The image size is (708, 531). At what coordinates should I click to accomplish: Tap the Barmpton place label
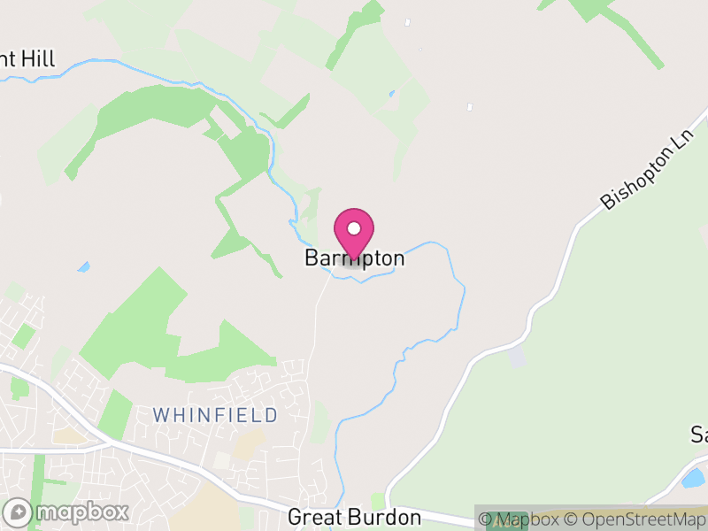click(354, 258)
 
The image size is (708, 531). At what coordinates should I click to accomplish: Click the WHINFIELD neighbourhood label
click(215, 415)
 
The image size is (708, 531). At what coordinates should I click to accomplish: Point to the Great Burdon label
click(354, 517)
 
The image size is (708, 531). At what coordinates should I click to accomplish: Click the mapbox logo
click(67, 512)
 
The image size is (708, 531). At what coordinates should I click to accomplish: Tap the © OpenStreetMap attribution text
click(635, 519)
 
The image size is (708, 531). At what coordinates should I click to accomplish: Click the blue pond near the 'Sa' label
click(694, 479)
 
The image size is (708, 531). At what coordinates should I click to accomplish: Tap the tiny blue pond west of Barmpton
click(84, 265)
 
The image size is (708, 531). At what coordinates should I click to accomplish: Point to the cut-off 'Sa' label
click(698, 435)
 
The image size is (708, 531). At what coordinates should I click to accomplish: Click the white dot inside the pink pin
click(354, 228)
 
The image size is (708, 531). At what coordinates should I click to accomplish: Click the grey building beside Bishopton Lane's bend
click(516, 358)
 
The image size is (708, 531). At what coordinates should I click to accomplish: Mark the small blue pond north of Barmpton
click(391, 93)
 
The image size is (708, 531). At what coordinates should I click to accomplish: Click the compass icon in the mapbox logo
click(18, 512)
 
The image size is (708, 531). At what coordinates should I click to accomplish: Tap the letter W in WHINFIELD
click(161, 415)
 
